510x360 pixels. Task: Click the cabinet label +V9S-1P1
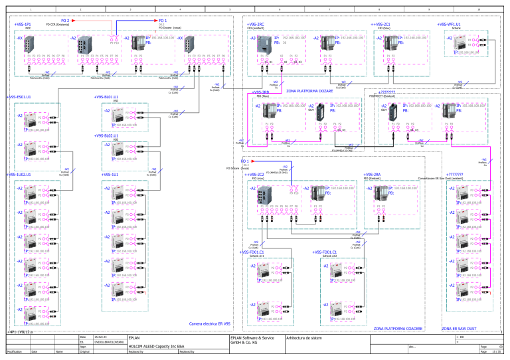(x=23, y=25)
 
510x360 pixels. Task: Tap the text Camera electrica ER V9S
(x=209, y=323)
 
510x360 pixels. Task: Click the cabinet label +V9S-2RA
(x=372, y=174)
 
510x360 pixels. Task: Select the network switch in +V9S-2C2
(x=268, y=197)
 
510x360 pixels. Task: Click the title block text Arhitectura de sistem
(x=305, y=338)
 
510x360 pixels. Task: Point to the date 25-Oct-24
(x=102, y=338)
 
